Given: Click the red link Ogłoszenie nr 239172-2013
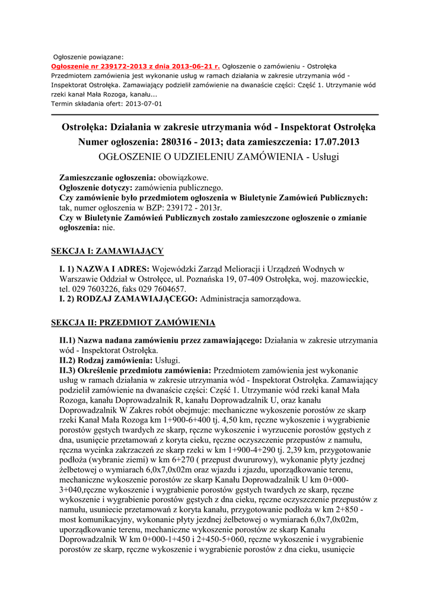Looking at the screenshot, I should pos(135,66).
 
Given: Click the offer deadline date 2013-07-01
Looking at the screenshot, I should pos(144,103).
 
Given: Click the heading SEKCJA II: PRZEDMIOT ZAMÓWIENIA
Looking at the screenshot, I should pos(133,322).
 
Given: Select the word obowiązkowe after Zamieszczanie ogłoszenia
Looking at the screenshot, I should pos(183,178).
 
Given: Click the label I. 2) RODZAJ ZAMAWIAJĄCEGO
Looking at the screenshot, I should pos(129,299).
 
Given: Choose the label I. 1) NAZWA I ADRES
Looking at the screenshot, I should pos(104,270).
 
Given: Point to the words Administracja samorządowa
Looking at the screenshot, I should pos(251,299).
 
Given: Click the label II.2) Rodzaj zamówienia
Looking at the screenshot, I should pos(106,360).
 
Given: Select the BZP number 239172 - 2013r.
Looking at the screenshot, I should pos(188,208).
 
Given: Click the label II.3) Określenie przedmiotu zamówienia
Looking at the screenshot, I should pos(135,370).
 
